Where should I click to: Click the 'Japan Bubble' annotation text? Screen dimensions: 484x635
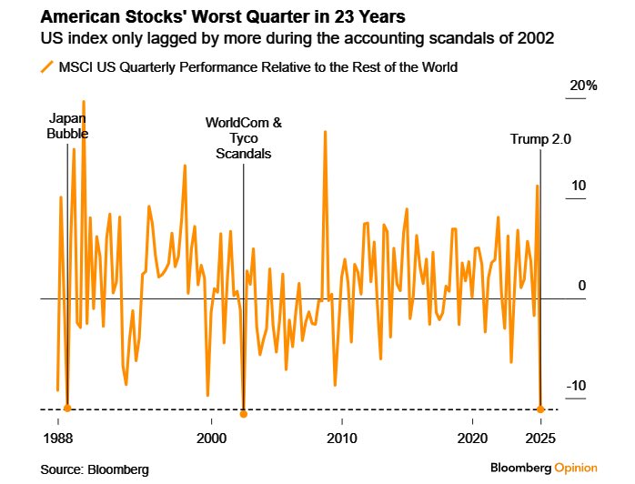point(68,126)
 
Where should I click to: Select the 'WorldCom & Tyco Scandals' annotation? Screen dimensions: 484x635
point(243,137)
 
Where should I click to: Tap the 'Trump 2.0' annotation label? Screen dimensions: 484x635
point(540,139)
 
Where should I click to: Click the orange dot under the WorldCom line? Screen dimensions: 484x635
point(243,415)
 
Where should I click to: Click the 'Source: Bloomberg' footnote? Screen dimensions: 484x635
point(95,469)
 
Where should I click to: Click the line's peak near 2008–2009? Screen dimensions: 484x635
point(325,132)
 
